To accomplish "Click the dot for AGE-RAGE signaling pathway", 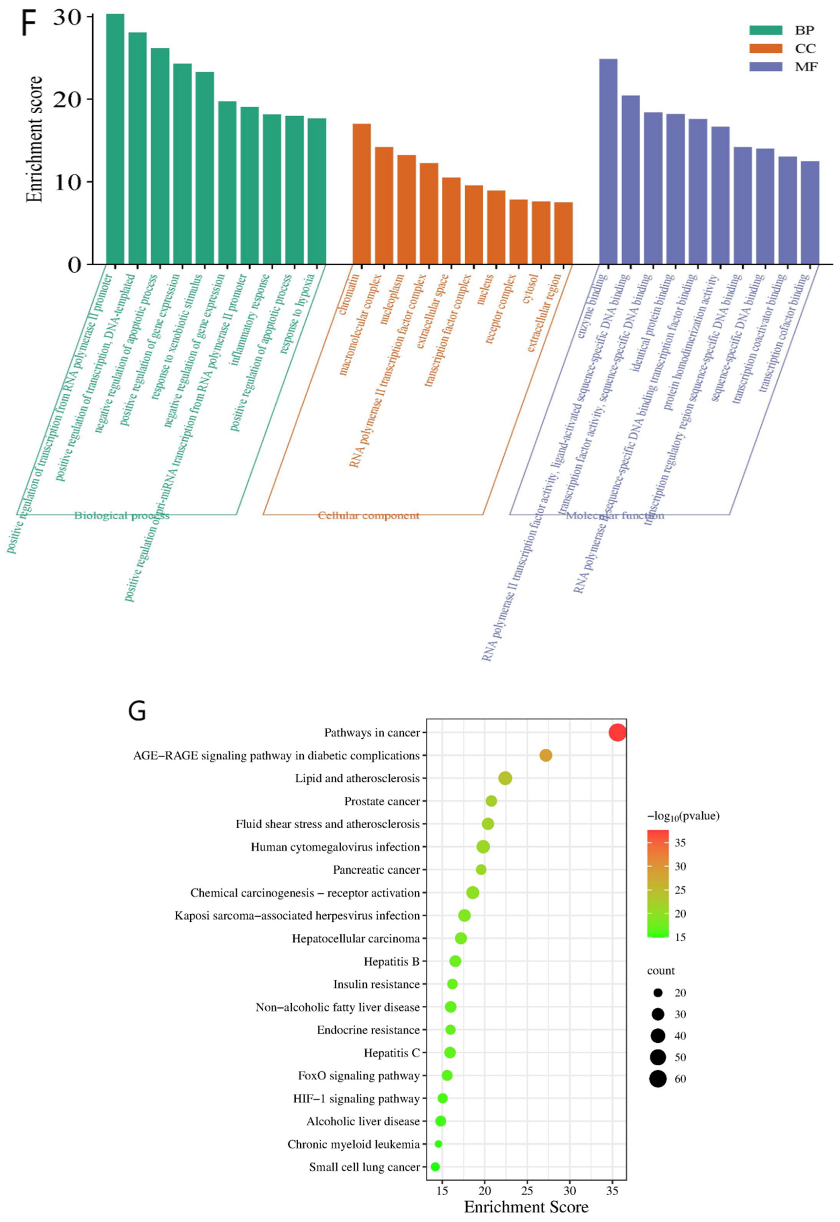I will tap(546, 755).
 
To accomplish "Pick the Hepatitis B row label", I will tap(392, 961).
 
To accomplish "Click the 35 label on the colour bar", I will tap(680, 843).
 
